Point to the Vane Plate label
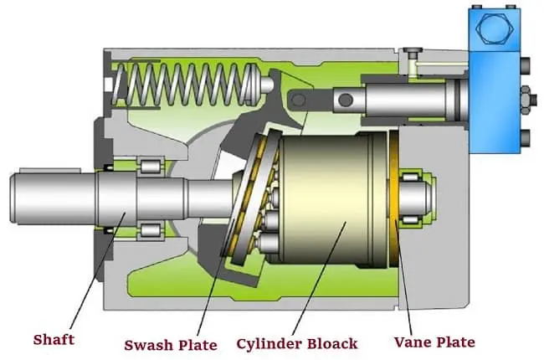[x=434, y=341]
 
